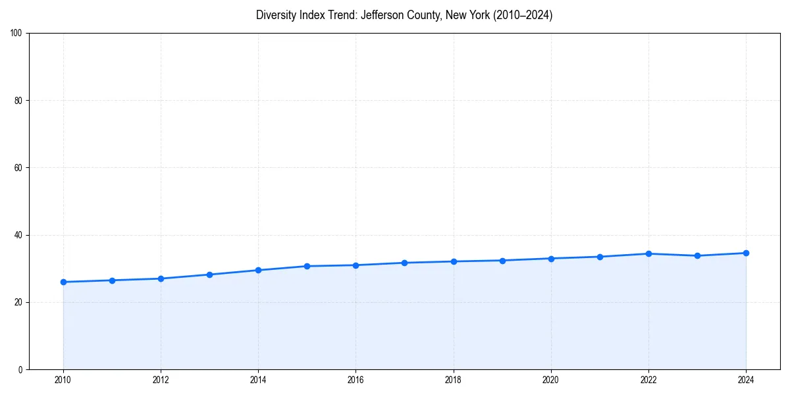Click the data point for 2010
pyautogui.click(x=63, y=282)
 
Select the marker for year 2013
pyautogui.click(x=209, y=275)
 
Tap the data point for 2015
pyautogui.click(x=307, y=266)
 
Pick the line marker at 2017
pyautogui.click(x=404, y=263)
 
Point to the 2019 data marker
pyautogui.click(x=502, y=261)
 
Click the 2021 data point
pyautogui.click(x=600, y=257)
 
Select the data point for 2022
pyautogui.click(x=648, y=253)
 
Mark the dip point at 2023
pyautogui.click(x=697, y=255)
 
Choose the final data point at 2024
pyautogui.click(x=746, y=253)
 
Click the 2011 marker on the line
pyautogui.click(x=112, y=280)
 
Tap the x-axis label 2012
pyautogui.click(x=161, y=380)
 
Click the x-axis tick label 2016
pyautogui.click(x=355, y=380)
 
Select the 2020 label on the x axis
pyautogui.click(x=551, y=380)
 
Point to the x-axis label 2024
pyautogui.click(x=746, y=380)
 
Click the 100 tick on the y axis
pyautogui.click(x=16, y=33)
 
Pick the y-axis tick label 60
pyautogui.click(x=18, y=168)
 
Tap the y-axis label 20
pyautogui.click(x=18, y=302)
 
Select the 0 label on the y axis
pyautogui.click(x=20, y=369)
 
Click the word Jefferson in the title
pyautogui.click(x=381, y=15)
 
